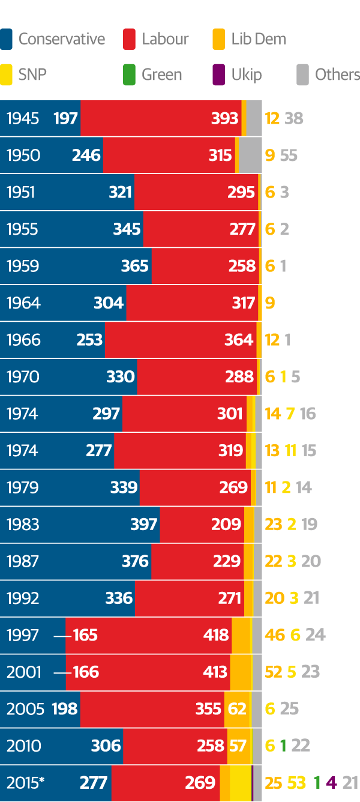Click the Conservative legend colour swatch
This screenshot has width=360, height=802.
[7, 39]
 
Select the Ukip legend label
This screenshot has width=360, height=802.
[247, 75]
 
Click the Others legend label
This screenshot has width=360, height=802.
[337, 75]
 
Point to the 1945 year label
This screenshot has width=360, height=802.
[23, 118]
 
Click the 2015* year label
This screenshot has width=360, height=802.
[26, 783]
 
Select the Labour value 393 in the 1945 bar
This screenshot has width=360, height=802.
[224, 118]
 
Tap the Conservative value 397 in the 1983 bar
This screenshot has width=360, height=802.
[143, 524]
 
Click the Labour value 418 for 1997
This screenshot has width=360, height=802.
[216, 635]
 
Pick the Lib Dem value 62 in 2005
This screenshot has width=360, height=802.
[238, 709]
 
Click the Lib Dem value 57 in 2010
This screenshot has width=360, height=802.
[238, 746]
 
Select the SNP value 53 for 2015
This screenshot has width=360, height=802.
[296, 783]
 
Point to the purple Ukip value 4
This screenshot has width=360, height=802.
[331, 783]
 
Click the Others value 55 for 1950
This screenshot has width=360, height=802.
[289, 155]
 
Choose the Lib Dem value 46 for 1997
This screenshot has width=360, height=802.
[275, 635]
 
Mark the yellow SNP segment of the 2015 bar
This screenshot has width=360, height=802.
[240, 783]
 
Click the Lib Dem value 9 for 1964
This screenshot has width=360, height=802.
[269, 303]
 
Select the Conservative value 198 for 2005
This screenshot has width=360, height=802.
[65, 709]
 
